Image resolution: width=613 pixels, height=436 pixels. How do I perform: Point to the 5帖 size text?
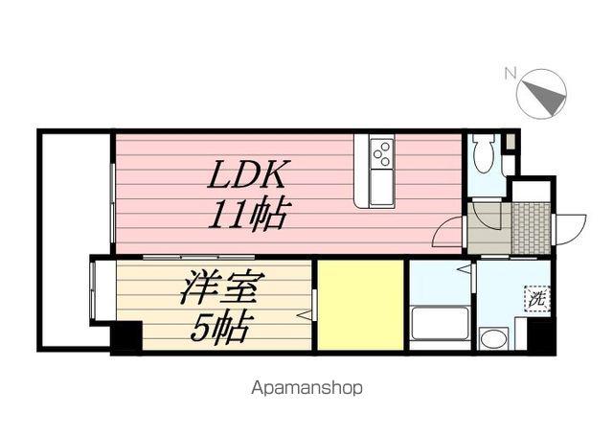click(x=219, y=328)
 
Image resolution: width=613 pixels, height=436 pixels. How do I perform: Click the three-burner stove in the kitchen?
click(x=380, y=153)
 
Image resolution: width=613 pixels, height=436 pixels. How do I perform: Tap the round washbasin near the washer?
click(x=492, y=337)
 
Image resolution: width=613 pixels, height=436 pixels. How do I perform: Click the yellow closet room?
click(x=360, y=305)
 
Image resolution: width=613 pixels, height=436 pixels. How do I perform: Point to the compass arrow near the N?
click(x=541, y=94)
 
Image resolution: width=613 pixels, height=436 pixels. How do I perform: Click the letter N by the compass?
click(x=511, y=72)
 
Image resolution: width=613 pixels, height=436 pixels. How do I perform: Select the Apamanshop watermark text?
click(x=306, y=389)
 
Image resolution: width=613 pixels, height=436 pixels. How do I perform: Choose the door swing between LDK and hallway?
click(x=449, y=233)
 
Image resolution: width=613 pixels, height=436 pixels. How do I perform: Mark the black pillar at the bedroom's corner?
click(x=125, y=337)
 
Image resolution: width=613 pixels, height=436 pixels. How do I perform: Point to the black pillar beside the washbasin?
click(x=540, y=335)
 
